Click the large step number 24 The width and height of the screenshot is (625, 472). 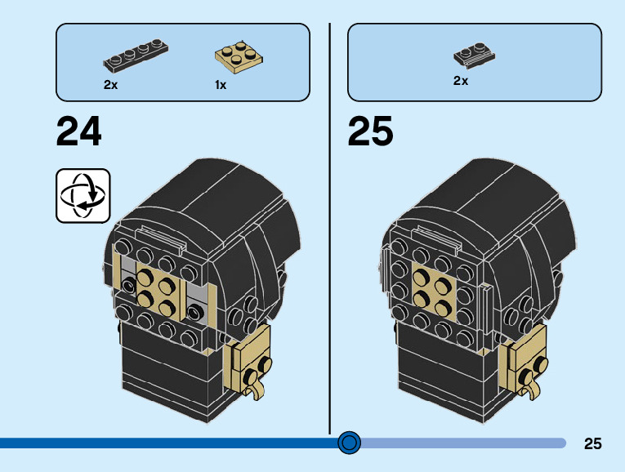coord(79,131)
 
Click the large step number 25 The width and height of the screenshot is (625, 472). coord(370,131)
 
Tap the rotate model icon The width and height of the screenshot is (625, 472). coord(83,195)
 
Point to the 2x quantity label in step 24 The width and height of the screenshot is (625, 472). coord(110,85)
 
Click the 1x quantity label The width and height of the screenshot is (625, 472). coord(221,85)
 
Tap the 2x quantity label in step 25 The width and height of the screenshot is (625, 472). coord(461,81)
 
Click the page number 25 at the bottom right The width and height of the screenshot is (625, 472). coord(593,444)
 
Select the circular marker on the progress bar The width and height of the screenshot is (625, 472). coord(349,443)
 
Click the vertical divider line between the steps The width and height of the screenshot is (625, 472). coord(330,245)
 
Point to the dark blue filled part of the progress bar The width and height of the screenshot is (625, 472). coord(163,443)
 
